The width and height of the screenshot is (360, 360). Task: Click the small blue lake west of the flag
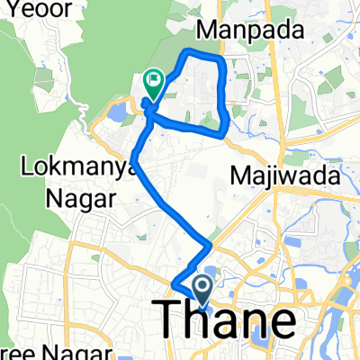click(x=116, y=112)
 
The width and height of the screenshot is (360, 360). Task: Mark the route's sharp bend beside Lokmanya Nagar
click(x=133, y=162)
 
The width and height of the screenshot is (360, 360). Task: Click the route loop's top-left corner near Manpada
click(x=186, y=54)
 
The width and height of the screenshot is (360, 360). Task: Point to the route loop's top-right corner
click(x=220, y=58)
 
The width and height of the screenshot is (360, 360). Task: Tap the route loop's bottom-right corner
click(x=224, y=134)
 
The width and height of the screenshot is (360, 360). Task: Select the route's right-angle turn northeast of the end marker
click(x=210, y=245)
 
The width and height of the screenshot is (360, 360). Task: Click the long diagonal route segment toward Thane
click(x=171, y=204)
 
